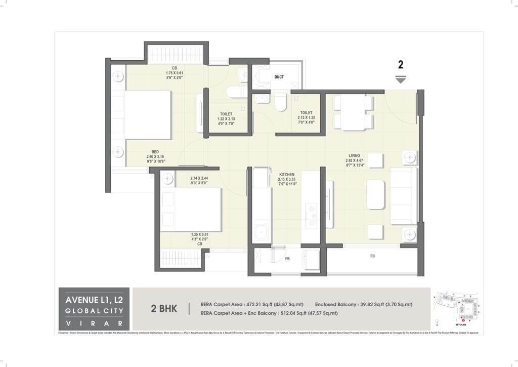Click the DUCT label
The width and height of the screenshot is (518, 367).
click(279, 77)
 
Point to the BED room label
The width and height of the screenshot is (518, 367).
click(156, 151)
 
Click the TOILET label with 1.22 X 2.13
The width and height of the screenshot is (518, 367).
click(226, 114)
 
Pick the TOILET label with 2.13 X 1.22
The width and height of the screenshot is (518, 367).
click(306, 113)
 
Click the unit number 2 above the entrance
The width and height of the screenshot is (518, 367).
click(401, 65)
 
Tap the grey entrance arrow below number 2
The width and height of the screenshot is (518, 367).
click(401, 79)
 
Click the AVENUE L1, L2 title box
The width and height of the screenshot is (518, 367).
click(94, 309)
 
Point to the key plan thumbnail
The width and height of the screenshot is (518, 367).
click(456, 308)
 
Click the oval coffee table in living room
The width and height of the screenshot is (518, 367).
click(376, 194)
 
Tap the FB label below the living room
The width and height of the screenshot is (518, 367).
click(372, 256)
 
